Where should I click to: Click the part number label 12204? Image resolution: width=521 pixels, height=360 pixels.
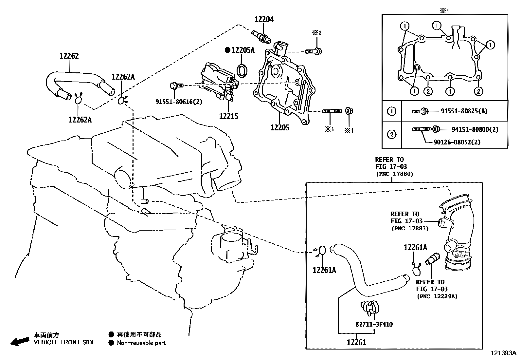pos(264,20)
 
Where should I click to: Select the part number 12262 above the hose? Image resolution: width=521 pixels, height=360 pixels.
pos(69,56)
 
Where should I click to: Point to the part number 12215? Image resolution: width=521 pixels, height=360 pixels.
pos(229,116)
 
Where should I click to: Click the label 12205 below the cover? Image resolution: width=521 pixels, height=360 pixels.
pos(280,127)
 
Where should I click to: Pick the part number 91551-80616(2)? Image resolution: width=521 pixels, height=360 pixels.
pos(179,102)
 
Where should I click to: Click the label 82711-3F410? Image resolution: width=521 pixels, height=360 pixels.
pos(374,324)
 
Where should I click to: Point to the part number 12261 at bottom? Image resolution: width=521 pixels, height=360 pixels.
pos(356,343)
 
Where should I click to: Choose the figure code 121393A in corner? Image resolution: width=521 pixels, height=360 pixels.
pos(503,353)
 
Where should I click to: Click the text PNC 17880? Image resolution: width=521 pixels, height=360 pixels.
pos(394,174)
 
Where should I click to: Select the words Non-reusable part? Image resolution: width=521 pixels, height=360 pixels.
pos(141,343)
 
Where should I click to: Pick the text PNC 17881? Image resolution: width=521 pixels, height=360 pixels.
pos(409,228)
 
